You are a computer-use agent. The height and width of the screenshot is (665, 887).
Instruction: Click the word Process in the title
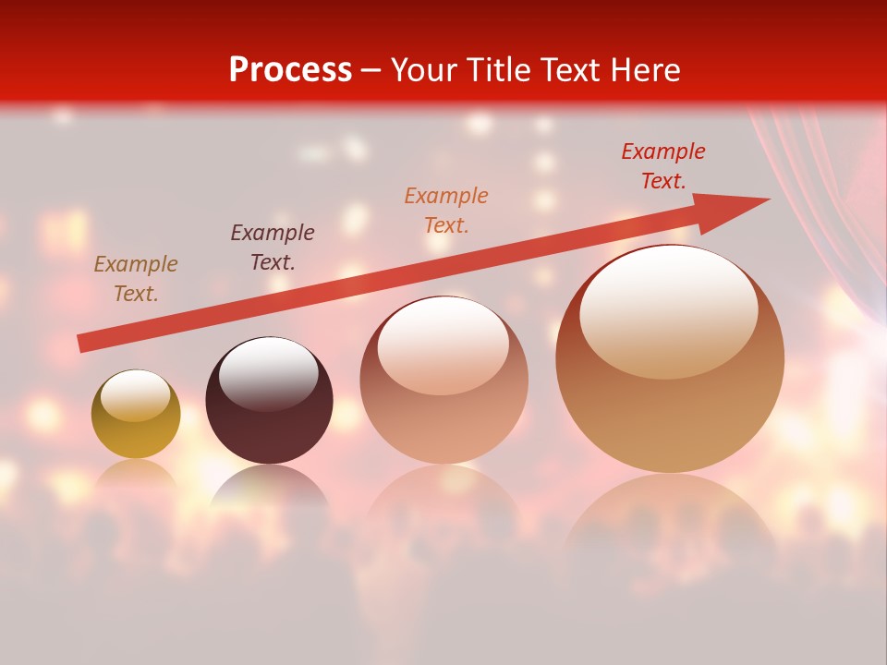pyautogui.click(x=290, y=70)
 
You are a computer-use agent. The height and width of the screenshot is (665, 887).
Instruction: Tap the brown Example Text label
pyautogui.click(x=136, y=279)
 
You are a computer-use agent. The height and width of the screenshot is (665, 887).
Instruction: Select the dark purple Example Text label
pyautogui.click(x=273, y=248)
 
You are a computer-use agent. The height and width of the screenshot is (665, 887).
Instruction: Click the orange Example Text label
pyautogui.click(x=446, y=210)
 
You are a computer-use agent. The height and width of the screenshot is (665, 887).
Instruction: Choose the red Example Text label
pyautogui.click(x=663, y=166)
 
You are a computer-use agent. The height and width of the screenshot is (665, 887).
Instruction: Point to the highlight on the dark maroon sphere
pyautogui.click(x=268, y=375)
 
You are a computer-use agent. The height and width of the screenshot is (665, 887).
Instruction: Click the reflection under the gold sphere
pyautogui.click(x=136, y=476)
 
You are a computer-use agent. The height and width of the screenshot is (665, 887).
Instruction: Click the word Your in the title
pyautogui.click(x=425, y=70)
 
